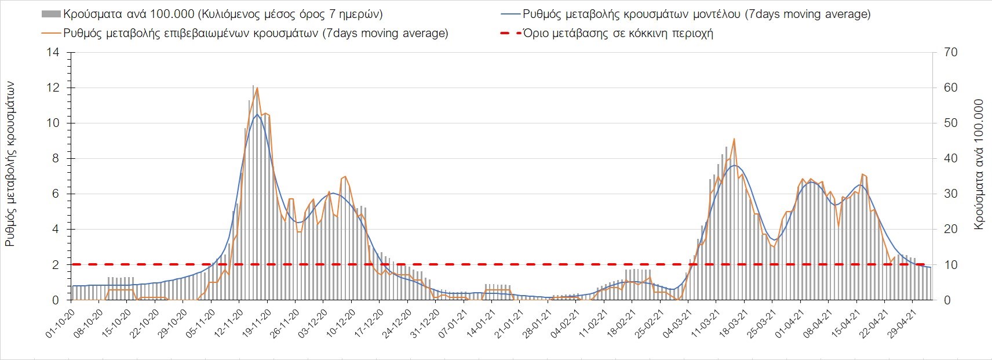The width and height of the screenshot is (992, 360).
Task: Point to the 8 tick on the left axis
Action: (56, 159)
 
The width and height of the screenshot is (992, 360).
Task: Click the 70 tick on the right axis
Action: (950, 53)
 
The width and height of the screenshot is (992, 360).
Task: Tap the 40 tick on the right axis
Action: (950, 159)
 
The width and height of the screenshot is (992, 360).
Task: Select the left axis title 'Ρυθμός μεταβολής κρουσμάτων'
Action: (10, 164)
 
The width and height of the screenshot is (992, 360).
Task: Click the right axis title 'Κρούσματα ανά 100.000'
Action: (979, 164)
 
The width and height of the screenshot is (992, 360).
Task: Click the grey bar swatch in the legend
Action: (51, 14)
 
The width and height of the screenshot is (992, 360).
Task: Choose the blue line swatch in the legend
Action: (509, 14)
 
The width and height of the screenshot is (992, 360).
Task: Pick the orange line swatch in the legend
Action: (51, 33)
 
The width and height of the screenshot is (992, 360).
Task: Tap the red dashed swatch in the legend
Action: (509, 33)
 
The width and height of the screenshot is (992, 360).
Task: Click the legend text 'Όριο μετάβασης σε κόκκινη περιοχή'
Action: (618, 33)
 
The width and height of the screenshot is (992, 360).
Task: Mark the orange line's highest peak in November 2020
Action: (257, 88)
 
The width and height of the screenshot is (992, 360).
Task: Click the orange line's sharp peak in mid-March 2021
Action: (734, 139)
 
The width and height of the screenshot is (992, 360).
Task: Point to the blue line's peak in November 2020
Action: (257, 114)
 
